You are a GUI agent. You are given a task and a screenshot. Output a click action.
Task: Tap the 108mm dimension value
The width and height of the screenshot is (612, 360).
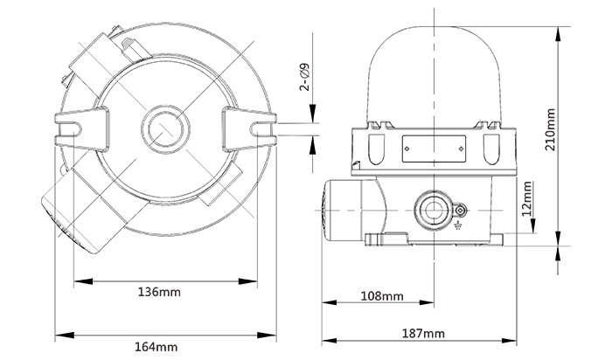(x=382, y=296)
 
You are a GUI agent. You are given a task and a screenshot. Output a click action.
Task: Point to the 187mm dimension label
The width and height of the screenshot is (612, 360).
(x=424, y=334)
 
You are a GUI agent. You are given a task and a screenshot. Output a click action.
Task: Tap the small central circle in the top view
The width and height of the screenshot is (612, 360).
(x=163, y=128)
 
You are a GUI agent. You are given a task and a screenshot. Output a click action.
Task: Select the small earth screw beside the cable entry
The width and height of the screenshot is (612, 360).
(x=460, y=210)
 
